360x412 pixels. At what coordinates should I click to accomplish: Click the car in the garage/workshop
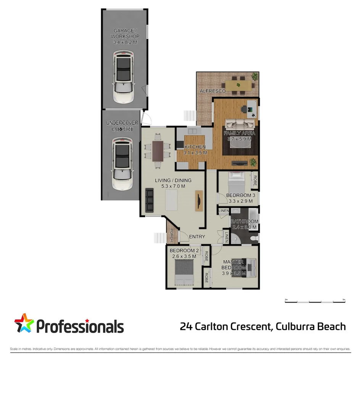click(123, 78)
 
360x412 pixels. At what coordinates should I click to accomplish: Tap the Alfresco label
click(213, 91)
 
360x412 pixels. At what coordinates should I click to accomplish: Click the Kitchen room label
click(195, 147)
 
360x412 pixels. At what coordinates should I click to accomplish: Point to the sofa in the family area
click(239, 124)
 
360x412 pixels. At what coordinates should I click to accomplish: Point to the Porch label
click(172, 235)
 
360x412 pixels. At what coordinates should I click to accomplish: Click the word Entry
click(197, 237)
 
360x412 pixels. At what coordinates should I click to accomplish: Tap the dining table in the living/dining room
click(157, 151)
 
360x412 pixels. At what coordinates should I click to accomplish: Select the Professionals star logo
click(24, 323)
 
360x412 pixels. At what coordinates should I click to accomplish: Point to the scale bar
click(315, 302)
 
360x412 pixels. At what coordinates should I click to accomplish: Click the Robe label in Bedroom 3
click(255, 180)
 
